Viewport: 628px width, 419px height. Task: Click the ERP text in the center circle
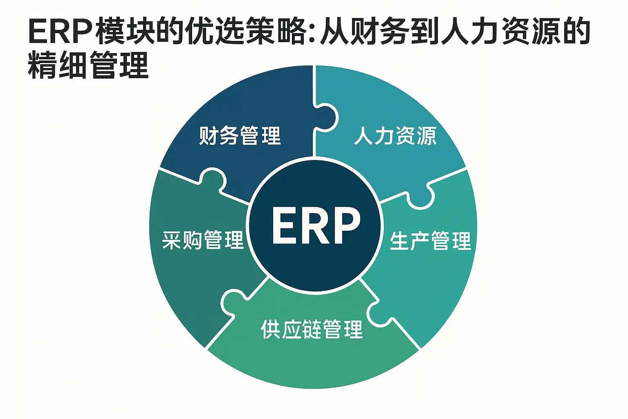316,225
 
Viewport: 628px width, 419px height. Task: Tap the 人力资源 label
395,136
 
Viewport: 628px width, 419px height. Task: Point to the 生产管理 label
431,241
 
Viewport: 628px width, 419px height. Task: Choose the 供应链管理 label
312,329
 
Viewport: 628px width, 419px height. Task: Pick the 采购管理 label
203,240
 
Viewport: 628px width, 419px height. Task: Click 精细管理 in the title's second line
88,65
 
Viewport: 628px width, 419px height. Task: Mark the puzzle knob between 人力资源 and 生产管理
420,197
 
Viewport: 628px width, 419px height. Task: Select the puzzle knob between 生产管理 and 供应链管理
379,314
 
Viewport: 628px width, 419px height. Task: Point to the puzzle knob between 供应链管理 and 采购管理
233,303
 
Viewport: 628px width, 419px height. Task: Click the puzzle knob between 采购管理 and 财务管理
212,180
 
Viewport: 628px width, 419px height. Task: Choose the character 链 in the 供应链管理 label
312,329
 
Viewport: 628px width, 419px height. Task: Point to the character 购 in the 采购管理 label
193,240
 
